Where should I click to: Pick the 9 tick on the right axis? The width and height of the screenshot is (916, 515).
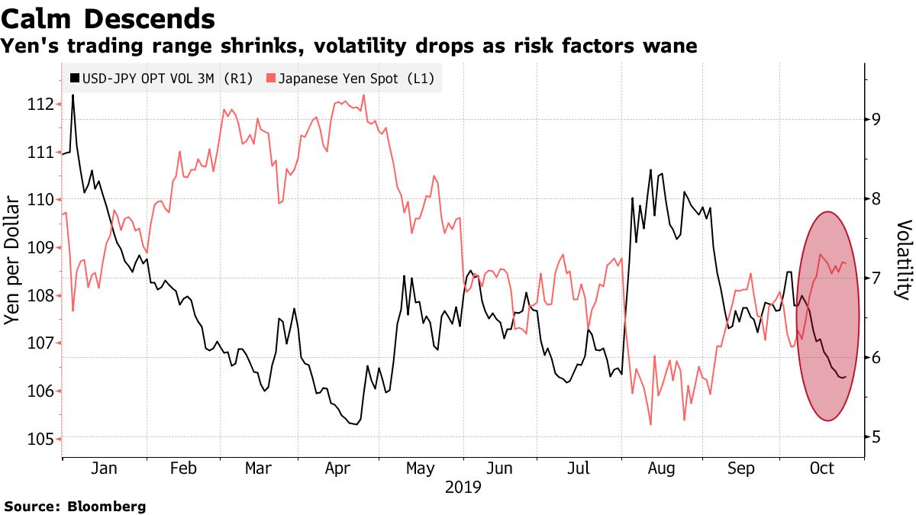tap(878, 119)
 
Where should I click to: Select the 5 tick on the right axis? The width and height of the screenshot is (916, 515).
tap(878, 437)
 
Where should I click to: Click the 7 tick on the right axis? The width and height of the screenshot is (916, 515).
tap(878, 278)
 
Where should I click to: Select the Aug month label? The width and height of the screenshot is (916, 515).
tap(660, 468)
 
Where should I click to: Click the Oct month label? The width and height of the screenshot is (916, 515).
tap(821, 468)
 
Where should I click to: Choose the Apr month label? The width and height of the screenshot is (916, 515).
tap(338, 468)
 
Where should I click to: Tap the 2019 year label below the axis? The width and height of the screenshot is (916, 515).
tap(463, 487)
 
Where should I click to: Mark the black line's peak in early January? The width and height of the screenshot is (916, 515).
tap(73, 95)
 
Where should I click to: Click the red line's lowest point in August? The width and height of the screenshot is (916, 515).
tap(650, 424)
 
